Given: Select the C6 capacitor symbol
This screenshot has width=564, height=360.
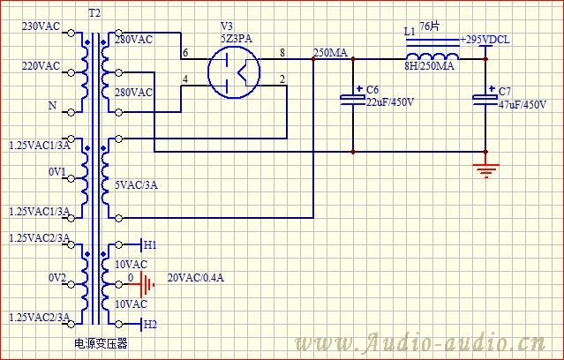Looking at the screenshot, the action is point(353,99).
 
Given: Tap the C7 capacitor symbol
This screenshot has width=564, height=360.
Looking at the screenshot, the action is point(485,99).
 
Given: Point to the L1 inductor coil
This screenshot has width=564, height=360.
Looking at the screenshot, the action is point(432,56).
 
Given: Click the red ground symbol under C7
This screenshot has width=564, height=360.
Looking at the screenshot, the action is point(486,170).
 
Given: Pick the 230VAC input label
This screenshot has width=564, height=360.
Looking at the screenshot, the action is point(41,26).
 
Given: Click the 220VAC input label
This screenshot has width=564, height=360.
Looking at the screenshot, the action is point(41,66).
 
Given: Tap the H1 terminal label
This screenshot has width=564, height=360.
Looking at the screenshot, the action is point(150,245).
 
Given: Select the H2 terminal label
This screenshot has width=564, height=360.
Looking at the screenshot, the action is point(150,325).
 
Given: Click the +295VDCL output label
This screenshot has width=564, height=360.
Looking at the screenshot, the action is point(485,40).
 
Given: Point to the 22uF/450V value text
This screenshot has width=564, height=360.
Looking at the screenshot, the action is point(390,102).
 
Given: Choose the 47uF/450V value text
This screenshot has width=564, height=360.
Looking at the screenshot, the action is point(523,105).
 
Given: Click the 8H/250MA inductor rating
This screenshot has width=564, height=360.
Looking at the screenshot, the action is point(430,66).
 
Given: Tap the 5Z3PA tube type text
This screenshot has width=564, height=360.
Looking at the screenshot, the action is point(237,38).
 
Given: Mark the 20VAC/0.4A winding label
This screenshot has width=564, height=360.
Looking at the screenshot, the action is point(196,278).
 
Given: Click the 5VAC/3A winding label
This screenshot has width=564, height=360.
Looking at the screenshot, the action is point(136,185).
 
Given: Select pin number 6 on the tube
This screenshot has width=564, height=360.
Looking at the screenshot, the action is point(185,53).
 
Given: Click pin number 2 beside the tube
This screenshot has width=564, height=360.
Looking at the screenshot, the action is point(282,79).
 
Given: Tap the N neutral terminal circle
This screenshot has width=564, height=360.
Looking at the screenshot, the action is point(71,113).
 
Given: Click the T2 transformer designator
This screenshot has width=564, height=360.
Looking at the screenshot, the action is point(94,13).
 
